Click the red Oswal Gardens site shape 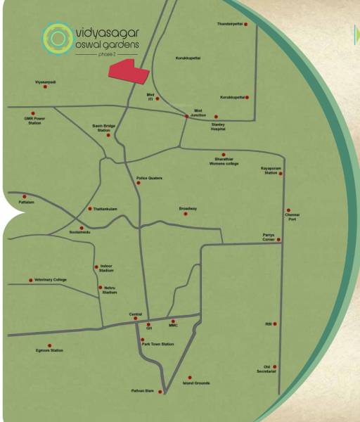coord(129,71)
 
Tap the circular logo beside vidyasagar coord(55,39)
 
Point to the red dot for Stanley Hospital coord(216,117)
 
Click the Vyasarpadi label coord(45,82)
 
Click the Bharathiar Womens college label coord(224,162)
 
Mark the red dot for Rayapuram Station coord(281,173)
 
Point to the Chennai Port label coord(292,216)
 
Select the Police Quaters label coord(150,178)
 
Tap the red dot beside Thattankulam coord(89,208)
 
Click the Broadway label coord(188,208)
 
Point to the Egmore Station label coord(49,350)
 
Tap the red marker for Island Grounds coord(189,378)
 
